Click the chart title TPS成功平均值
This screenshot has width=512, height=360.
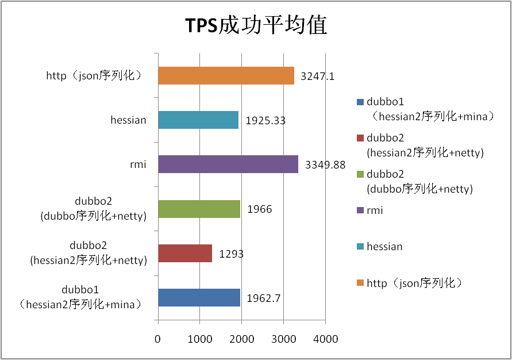coord(256,26)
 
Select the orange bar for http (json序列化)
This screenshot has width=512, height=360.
coord(226,75)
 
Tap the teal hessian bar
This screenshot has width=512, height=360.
coord(198,120)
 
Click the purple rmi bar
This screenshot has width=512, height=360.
coord(228,164)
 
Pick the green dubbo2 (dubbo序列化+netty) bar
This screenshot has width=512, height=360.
coord(199,209)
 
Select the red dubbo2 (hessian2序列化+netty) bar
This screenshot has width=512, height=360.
coord(184,253)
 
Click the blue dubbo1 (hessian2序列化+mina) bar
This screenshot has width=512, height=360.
coord(199,297)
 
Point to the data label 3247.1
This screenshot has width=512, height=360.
coord(318,76)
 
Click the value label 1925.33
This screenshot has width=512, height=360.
coord(265,121)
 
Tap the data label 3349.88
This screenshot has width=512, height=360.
coord(325,165)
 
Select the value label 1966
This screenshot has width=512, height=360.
coord(259,209)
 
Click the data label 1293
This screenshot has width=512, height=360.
coord(231,254)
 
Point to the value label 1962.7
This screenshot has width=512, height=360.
coord(264,298)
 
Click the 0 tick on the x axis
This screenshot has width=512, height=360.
coord(158,339)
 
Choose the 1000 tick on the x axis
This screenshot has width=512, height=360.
coord(199,339)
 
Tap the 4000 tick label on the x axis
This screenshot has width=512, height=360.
coord(325,339)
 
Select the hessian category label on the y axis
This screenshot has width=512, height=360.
coord(128,120)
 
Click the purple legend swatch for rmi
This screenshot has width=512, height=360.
coord(360,210)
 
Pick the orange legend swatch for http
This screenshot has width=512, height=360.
coord(360,283)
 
